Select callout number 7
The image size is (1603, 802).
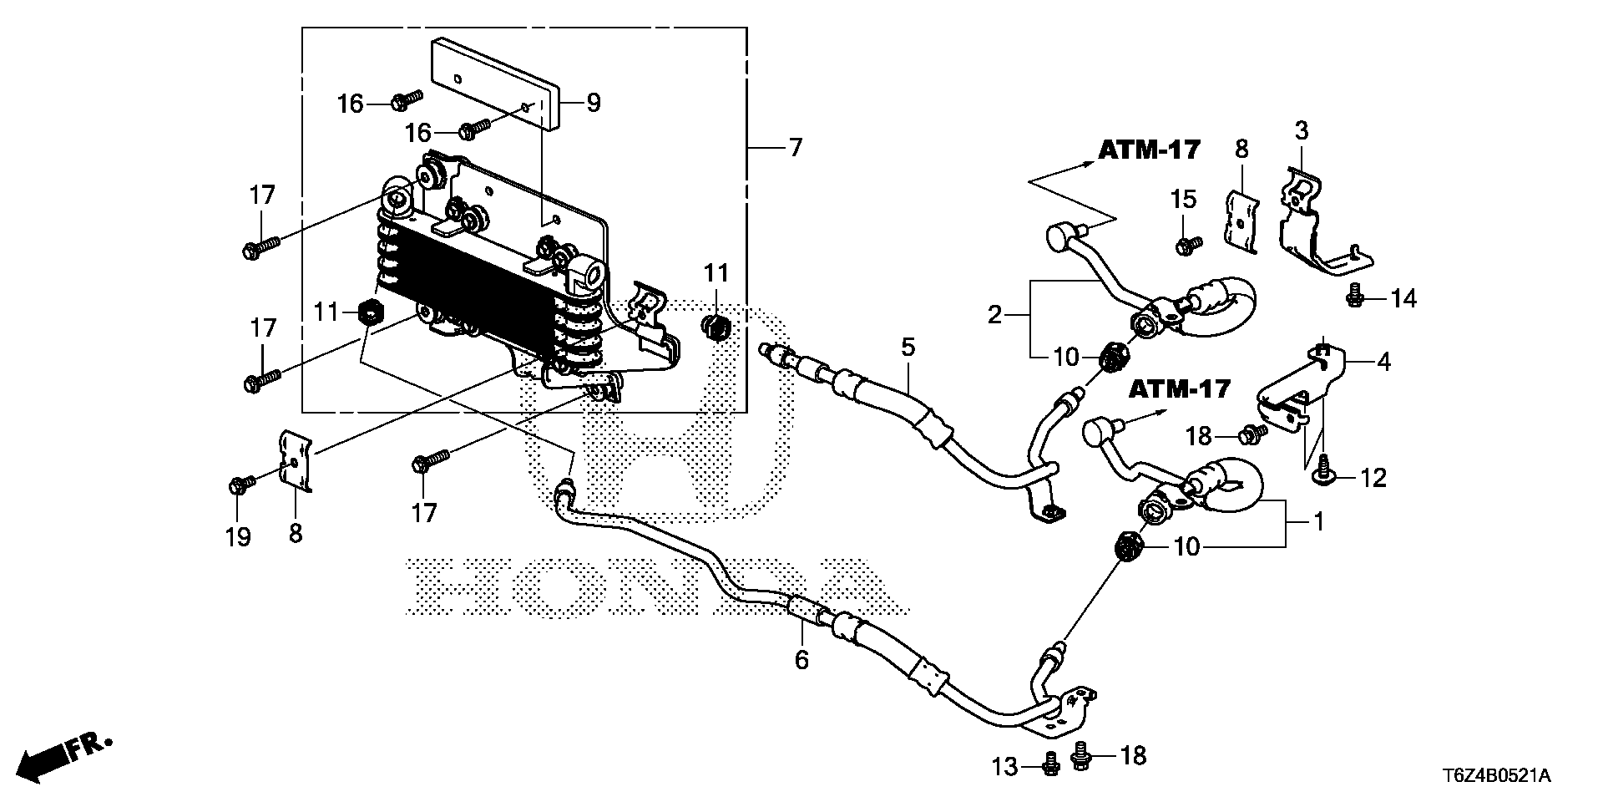(794, 148)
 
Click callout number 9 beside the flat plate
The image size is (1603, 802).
(593, 104)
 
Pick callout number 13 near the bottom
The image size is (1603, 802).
(1005, 766)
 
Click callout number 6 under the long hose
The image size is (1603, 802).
(801, 660)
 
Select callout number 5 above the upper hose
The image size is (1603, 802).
(908, 346)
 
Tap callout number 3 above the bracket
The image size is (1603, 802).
(1302, 131)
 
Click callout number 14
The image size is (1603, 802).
(1403, 298)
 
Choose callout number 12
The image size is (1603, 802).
(1373, 478)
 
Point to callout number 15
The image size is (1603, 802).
(1183, 200)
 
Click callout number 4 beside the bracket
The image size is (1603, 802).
(1383, 363)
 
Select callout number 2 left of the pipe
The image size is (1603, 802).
(994, 315)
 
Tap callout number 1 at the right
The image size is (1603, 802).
(1318, 523)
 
